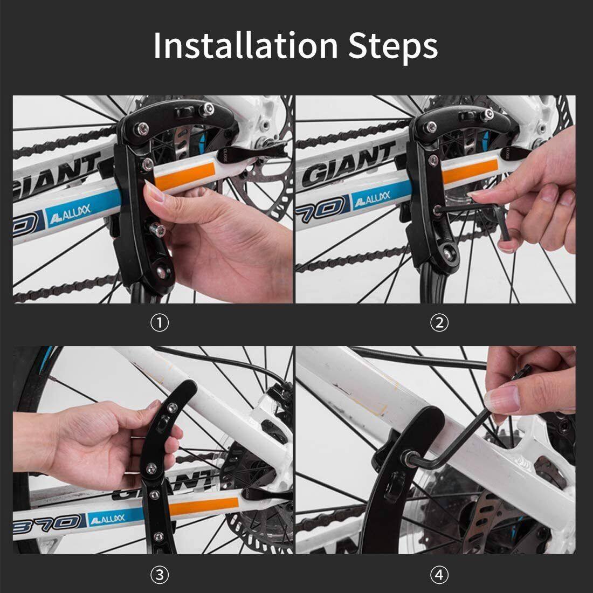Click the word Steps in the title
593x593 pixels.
[x=392, y=46]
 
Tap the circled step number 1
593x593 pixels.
[x=160, y=323]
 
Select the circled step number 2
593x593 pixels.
[x=440, y=323]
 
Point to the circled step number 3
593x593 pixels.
[x=160, y=575]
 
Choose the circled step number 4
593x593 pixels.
[x=440, y=575]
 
